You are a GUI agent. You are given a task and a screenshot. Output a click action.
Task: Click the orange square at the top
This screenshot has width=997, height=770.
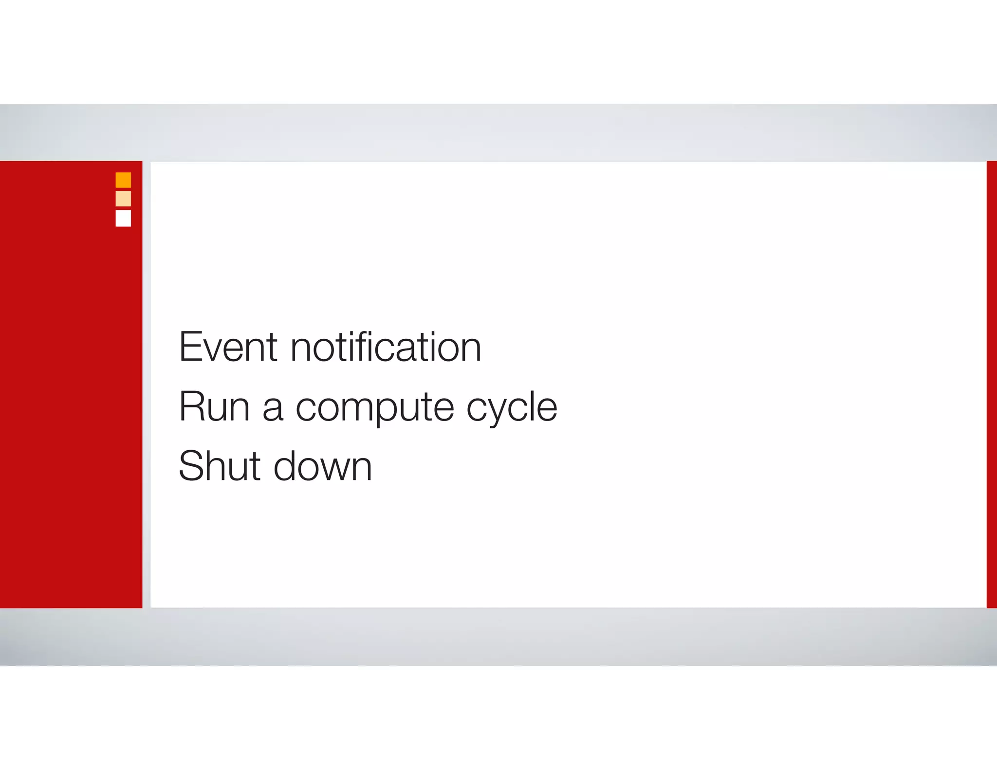(123, 180)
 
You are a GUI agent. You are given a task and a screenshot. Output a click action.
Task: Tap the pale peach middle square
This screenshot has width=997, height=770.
(123, 199)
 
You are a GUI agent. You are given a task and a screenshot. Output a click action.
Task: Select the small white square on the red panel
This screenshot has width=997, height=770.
(123, 218)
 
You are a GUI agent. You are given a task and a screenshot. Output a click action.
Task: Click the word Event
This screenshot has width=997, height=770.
(228, 347)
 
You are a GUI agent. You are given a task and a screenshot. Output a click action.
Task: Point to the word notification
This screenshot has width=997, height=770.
(386, 347)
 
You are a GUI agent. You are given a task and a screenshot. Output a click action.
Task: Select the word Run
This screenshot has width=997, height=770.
(214, 406)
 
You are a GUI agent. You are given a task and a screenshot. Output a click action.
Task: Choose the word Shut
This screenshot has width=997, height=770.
(220, 466)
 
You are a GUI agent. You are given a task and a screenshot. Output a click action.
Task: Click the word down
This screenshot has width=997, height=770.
(323, 466)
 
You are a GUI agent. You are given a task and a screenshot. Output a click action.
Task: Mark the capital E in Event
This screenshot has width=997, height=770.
(189, 347)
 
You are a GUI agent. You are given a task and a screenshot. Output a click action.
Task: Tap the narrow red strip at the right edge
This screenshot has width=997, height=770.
(992, 385)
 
